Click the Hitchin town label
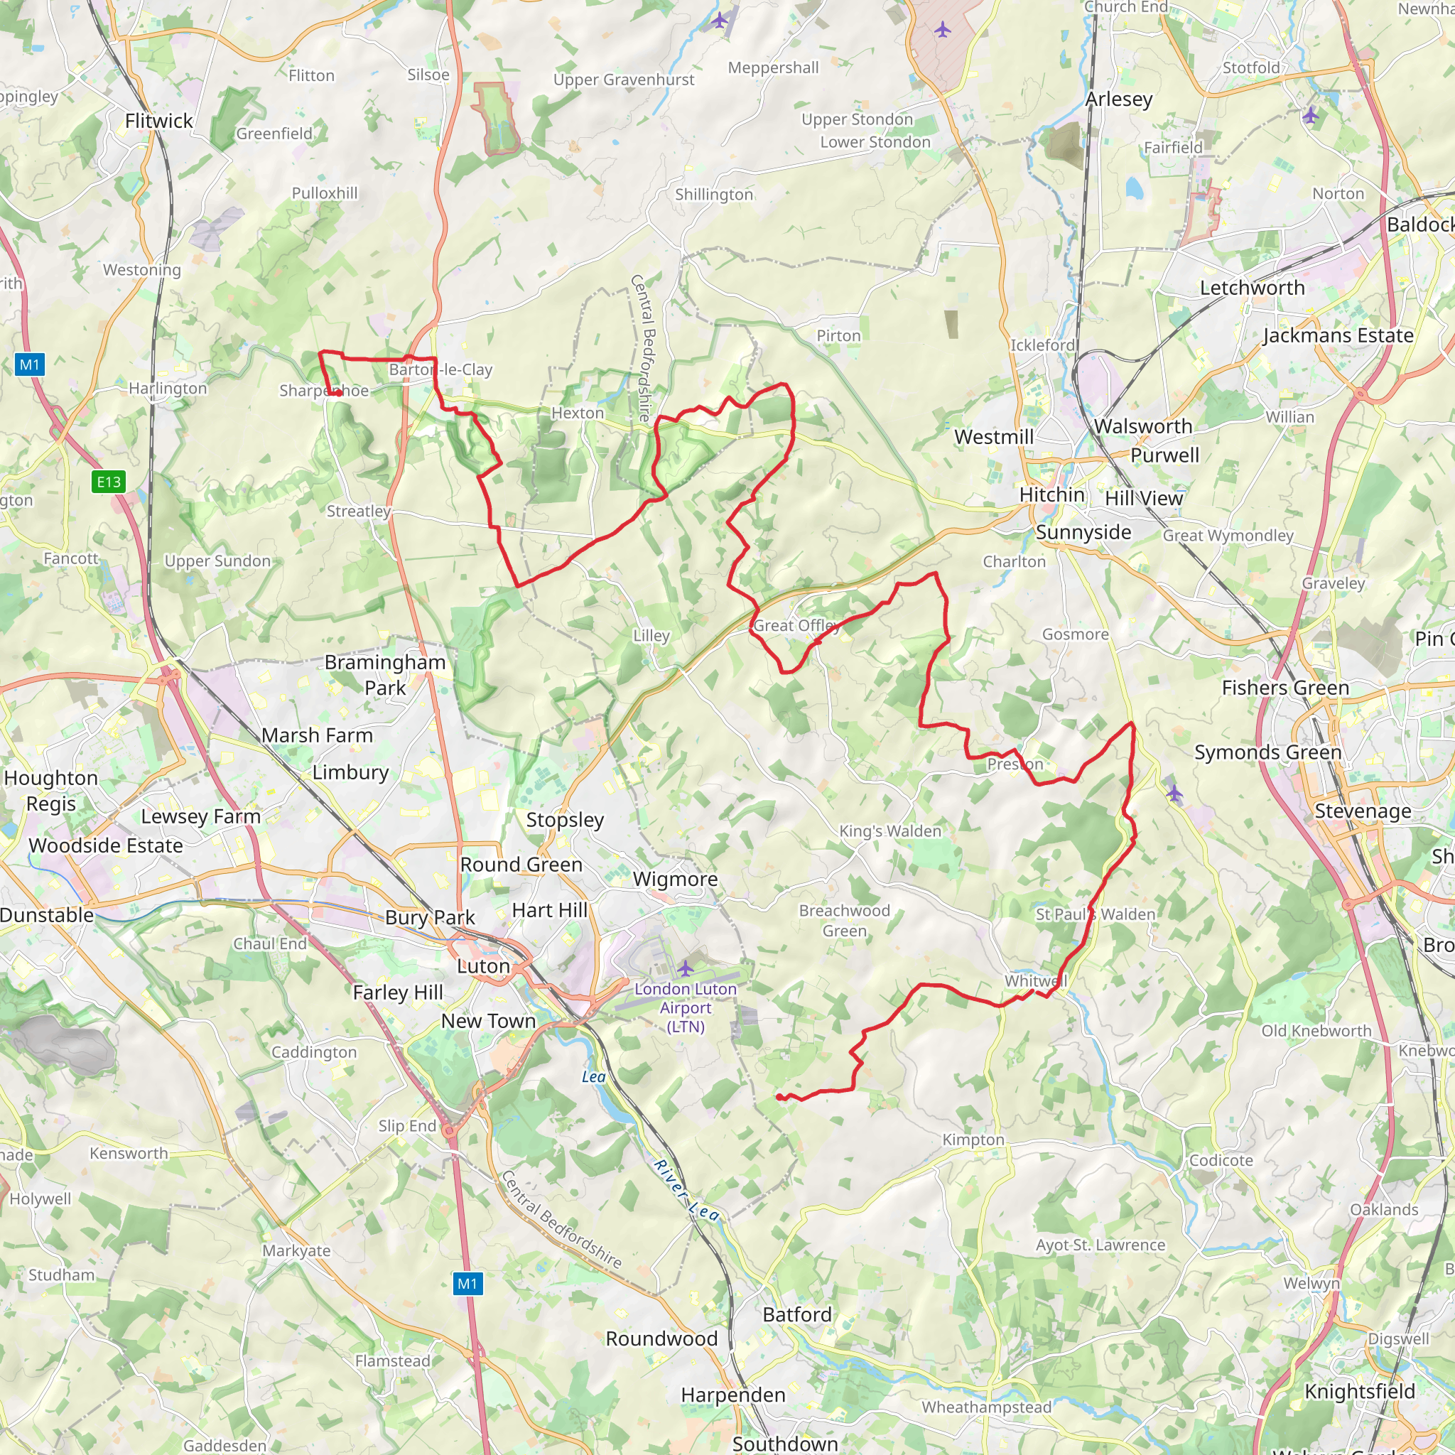(1051, 494)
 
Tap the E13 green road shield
(109, 482)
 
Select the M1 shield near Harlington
(29, 365)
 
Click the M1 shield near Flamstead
(467, 1283)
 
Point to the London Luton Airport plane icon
(686, 968)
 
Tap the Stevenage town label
(1363, 811)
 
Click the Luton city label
(484, 966)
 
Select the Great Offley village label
(796, 626)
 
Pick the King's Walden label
(890, 831)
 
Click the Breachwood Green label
(844, 921)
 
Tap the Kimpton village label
(973, 1140)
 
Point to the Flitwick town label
(159, 121)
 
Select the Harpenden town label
(732, 1395)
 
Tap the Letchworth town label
(1252, 288)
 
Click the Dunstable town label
(47, 915)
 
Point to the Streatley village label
(359, 512)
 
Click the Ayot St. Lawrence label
(1100, 1245)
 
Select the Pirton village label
(838, 336)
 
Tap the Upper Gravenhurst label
(624, 80)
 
